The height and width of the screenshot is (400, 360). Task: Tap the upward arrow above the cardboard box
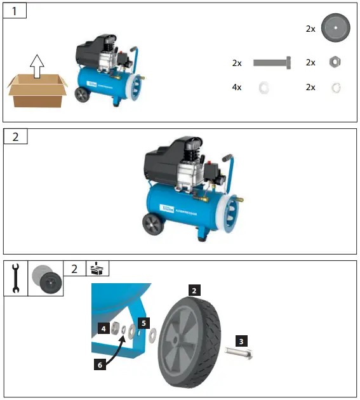point(37,65)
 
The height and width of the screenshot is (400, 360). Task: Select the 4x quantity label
point(237,87)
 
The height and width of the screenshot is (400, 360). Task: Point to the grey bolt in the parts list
point(272,63)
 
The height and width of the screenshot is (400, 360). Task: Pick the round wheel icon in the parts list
point(336,29)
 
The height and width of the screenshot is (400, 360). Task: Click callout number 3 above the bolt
point(241,341)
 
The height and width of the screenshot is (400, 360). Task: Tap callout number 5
point(143,323)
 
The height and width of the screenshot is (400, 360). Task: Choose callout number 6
point(98,364)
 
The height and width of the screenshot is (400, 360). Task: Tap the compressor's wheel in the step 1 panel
point(83,95)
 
